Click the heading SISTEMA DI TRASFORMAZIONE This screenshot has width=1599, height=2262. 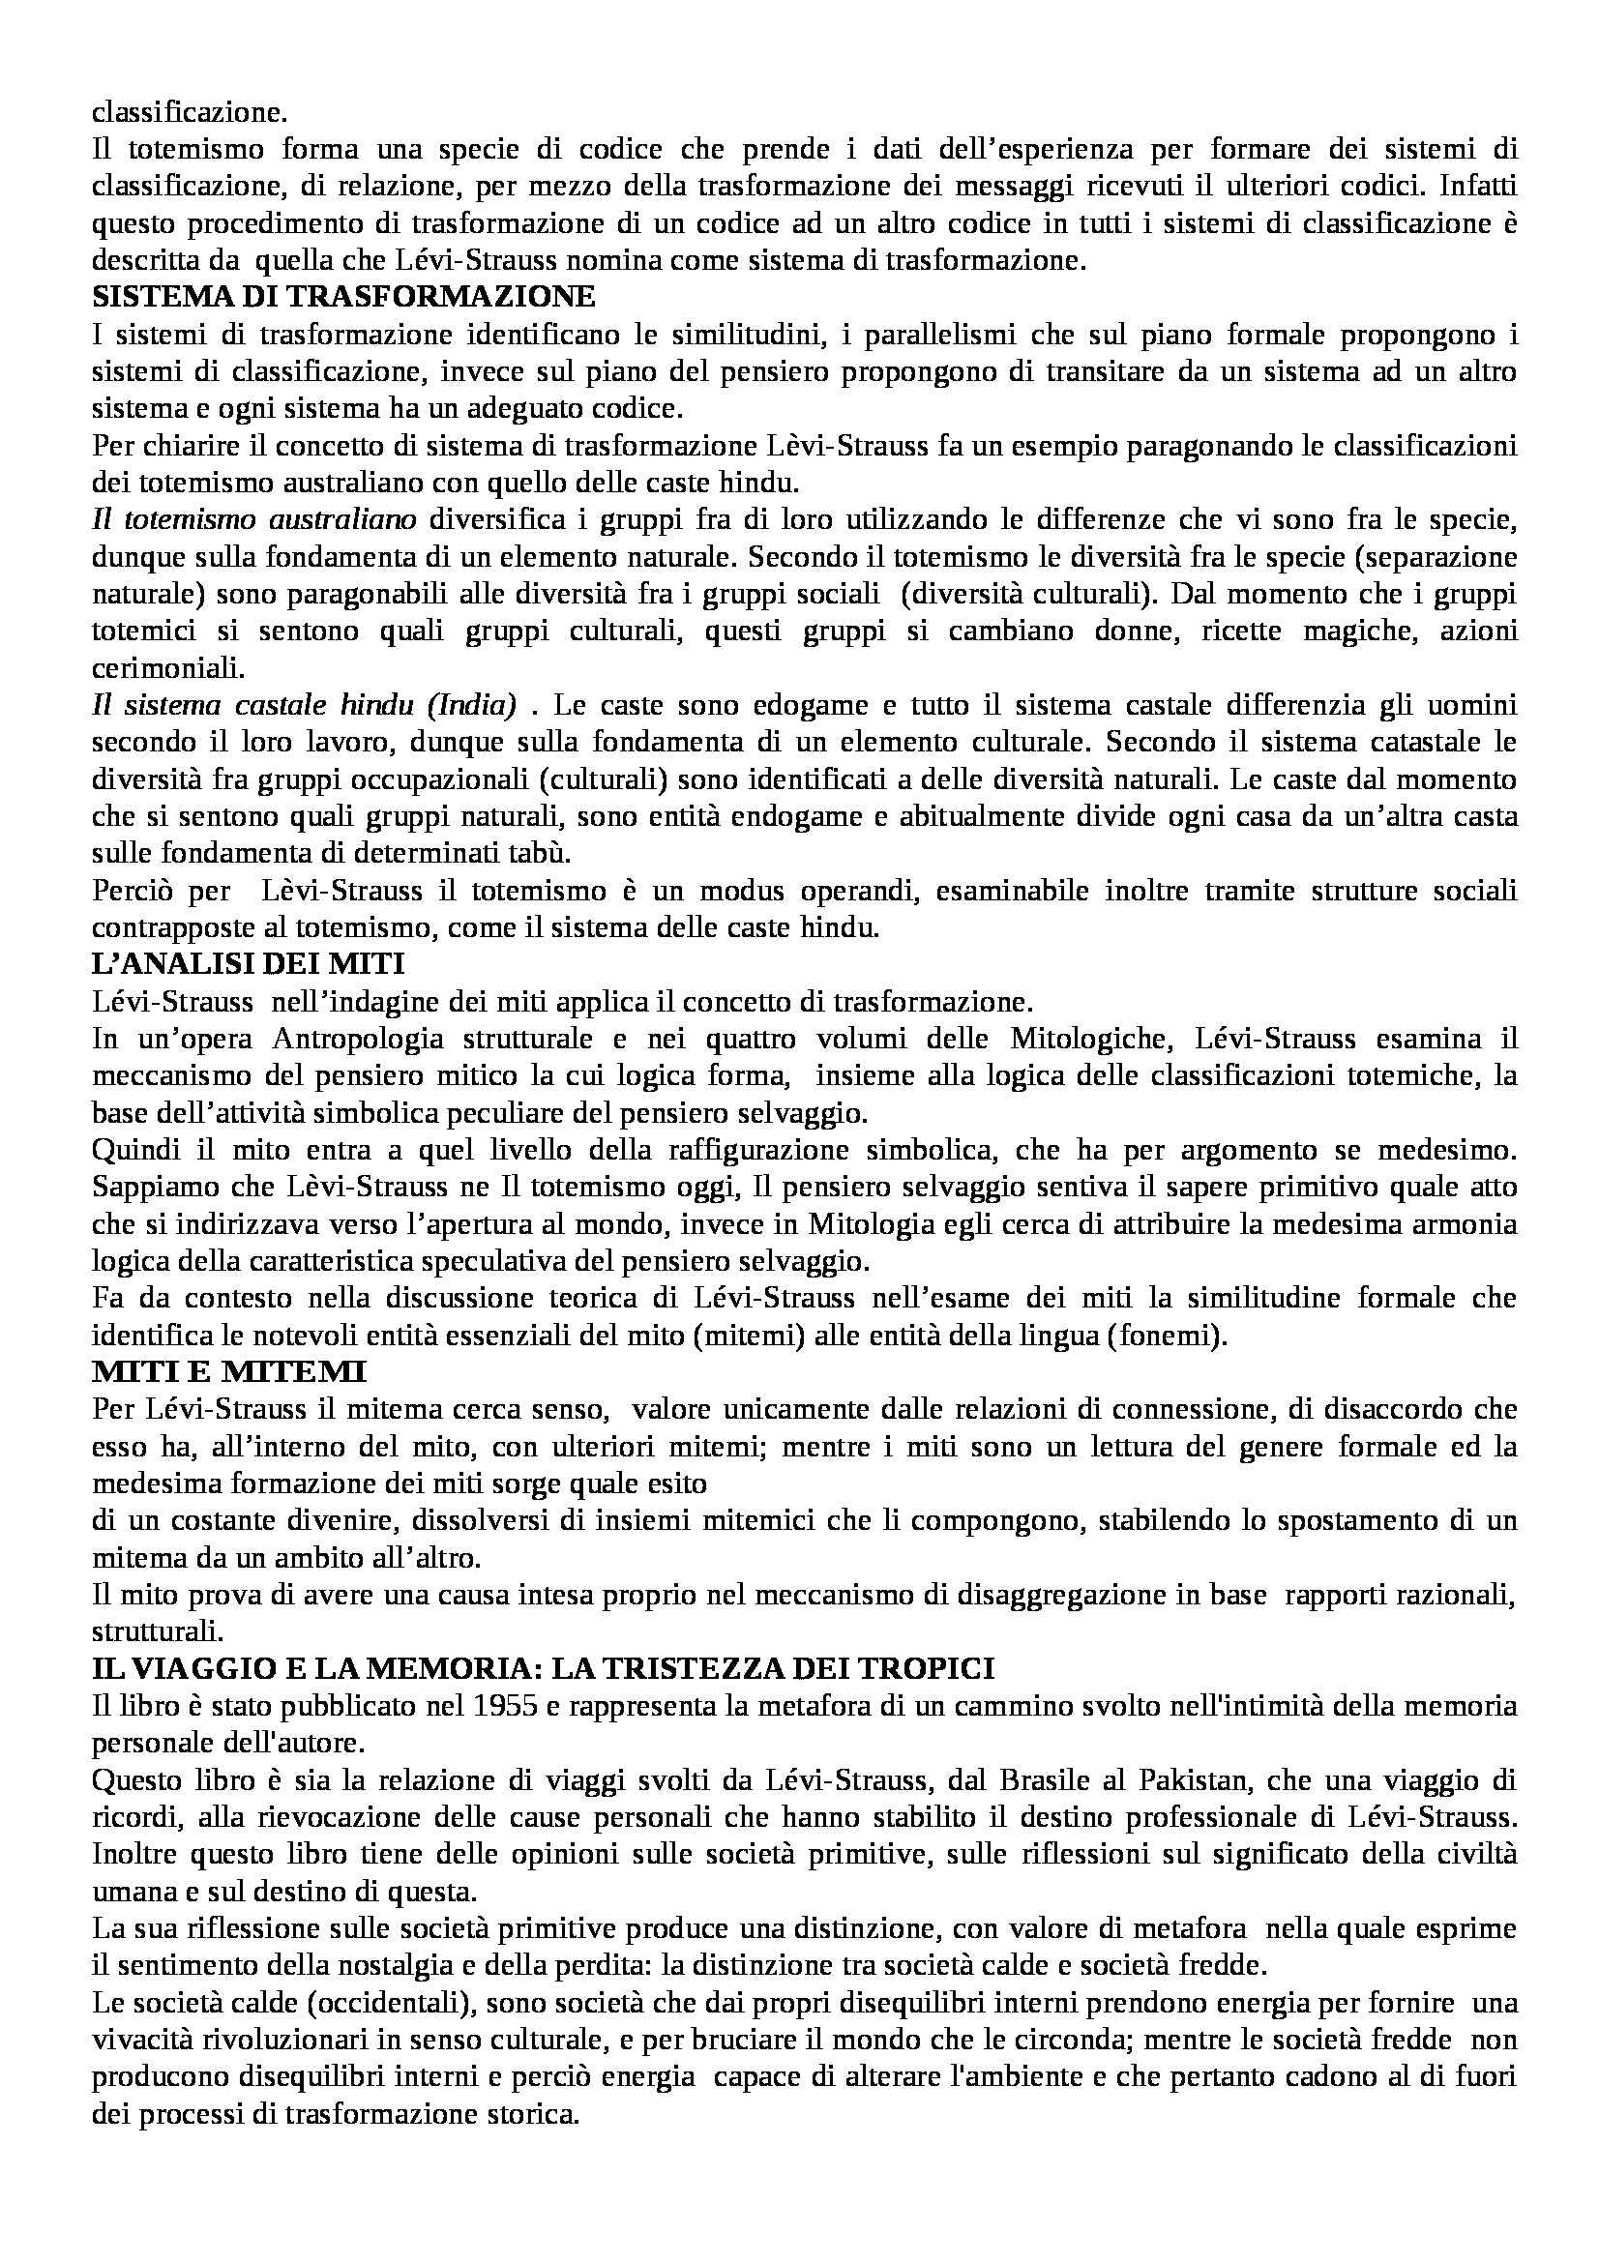(x=343, y=298)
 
